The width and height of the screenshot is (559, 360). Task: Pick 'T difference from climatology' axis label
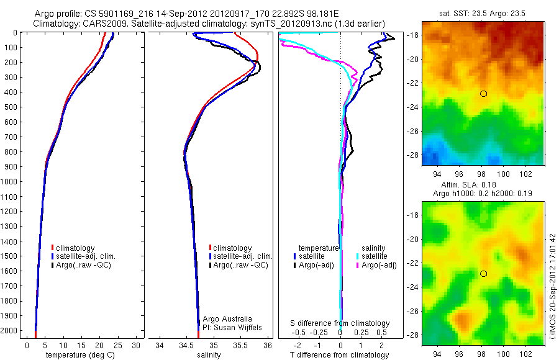coord(339,355)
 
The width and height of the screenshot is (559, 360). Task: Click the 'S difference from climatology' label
coord(340,323)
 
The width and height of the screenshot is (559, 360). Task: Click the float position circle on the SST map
coord(483,94)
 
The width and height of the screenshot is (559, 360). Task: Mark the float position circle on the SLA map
coord(483,274)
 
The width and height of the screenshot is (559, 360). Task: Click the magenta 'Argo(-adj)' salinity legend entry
coord(379,265)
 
